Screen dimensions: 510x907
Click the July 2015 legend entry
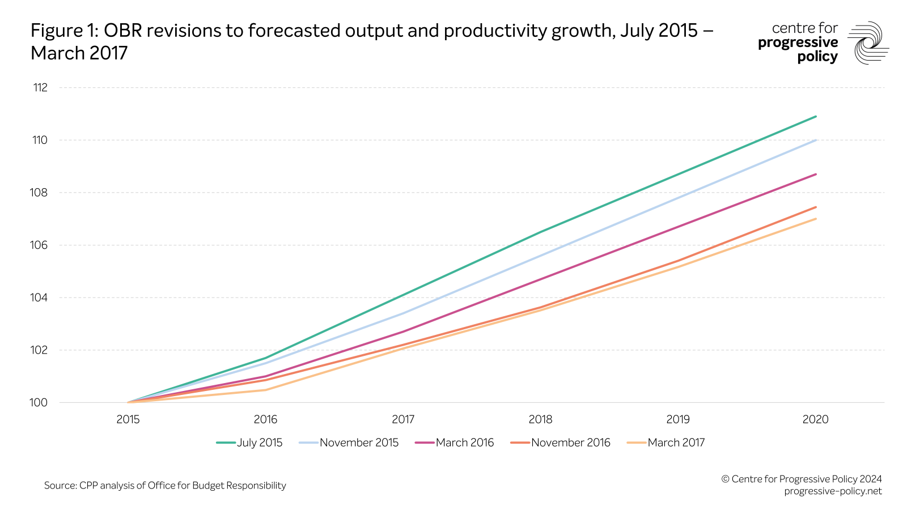[x=250, y=443]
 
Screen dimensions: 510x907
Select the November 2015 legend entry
[x=349, y=443]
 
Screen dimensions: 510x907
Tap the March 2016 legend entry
[x=455, y=443]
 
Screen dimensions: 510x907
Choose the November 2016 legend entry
[x=561, y=443]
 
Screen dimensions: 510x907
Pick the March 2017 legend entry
[x=667, y=443]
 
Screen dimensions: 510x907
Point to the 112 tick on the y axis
[x=40, y=88]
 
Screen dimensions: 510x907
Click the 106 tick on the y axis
[x=39, y=245]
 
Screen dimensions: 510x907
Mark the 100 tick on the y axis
[x=39, y=403]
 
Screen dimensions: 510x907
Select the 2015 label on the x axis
[x=128, y=420]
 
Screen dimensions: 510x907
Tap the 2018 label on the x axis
[x=540, y=420]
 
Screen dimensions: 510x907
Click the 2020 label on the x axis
[x=815, y=420]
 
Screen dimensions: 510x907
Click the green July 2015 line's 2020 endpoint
[x=816, y=117]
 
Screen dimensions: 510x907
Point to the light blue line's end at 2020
[x=816, y=140]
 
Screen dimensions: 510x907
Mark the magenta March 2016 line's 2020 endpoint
[x=816, y=175]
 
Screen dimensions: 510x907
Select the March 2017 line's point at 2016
[x=265, y=390]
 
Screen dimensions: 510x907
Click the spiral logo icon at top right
[x=868, y=43]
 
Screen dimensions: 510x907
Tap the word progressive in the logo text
[x=798, y=43]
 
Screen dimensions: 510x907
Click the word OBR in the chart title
[x=122, y=31]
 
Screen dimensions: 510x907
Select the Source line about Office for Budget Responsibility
[x=165, y=486]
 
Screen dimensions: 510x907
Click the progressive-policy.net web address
[x=833, y=491]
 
